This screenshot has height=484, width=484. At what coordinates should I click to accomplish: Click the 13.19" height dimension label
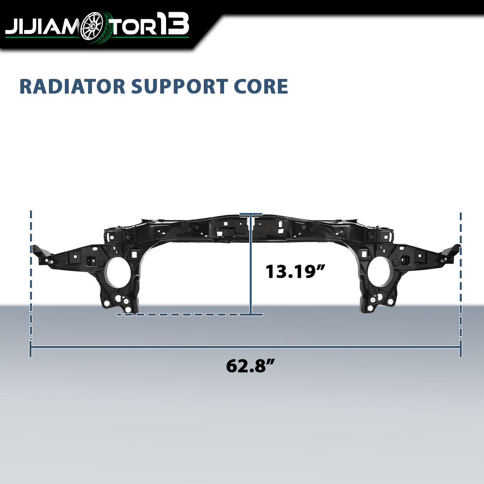pyautogui.click(x=295, y=272)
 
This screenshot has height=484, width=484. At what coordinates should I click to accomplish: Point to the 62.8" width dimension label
pyautogui.click(x=250, y=366)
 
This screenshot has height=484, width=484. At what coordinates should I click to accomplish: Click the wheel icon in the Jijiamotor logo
pyautogui.click(x=91, y=27)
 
